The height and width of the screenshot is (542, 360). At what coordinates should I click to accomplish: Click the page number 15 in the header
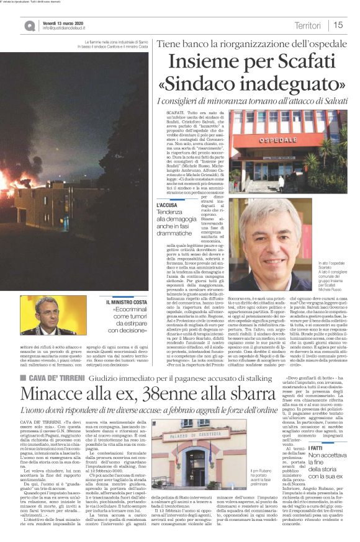pos(338,25)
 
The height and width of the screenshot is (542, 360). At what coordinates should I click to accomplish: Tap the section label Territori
pos(307,25)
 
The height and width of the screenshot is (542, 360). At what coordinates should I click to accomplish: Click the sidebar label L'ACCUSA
pos(166,205)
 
